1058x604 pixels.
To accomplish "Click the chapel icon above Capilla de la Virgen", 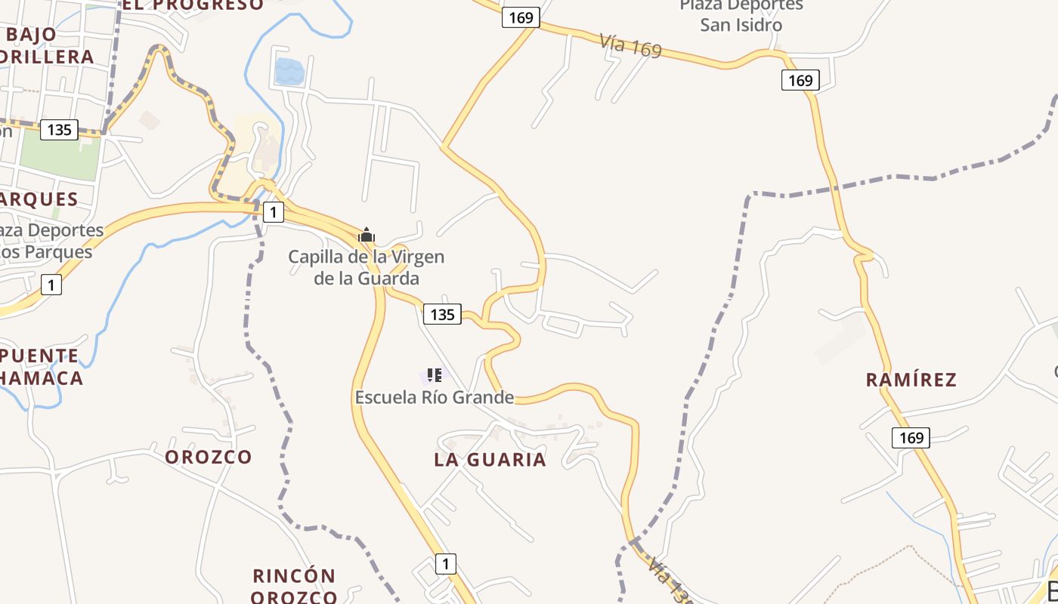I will click(x=367, y=235).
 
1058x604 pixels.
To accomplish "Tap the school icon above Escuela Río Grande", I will click(x=434, y=374).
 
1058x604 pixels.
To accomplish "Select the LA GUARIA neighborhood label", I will click(x=490, y=459).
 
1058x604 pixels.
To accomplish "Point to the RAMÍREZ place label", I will click(x=911, y=379).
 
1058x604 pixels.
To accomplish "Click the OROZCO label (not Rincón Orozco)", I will click(x=209, y=457).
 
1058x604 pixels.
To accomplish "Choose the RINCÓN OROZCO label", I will click(x=295, y=586).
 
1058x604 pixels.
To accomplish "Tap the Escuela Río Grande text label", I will click(x=435, y=397).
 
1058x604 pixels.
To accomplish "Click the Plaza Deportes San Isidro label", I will click(x=741, y=15).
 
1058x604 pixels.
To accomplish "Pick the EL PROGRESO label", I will click(x=193, y=5).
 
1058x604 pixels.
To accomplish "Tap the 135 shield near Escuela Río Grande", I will click(x=442, y=313).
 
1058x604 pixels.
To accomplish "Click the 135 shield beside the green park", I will click(x=59, y=129).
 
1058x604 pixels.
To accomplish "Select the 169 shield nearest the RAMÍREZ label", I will click(x=911, y=437).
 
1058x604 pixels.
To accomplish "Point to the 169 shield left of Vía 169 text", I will click(x=521, y=17).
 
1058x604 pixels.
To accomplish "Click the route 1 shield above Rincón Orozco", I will click(x=446, y=563).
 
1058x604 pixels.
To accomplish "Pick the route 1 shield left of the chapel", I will click(x=273, y=212).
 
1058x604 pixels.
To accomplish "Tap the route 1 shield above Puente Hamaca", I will click(x=51, y=285).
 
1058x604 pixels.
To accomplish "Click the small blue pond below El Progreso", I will click(x=289, y=72).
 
